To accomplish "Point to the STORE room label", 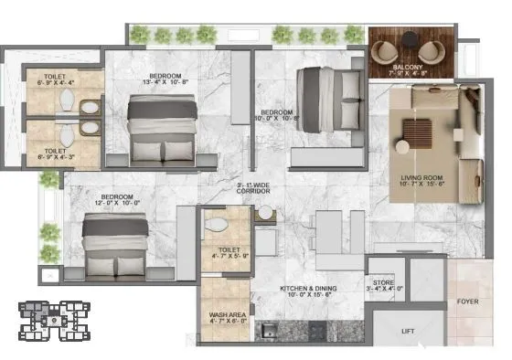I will pyautogui.click(x=383, y=284).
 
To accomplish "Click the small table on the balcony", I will pyautogui.click(x=409, y=47).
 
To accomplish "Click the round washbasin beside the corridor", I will pyautogui.click(x=266, y=212).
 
